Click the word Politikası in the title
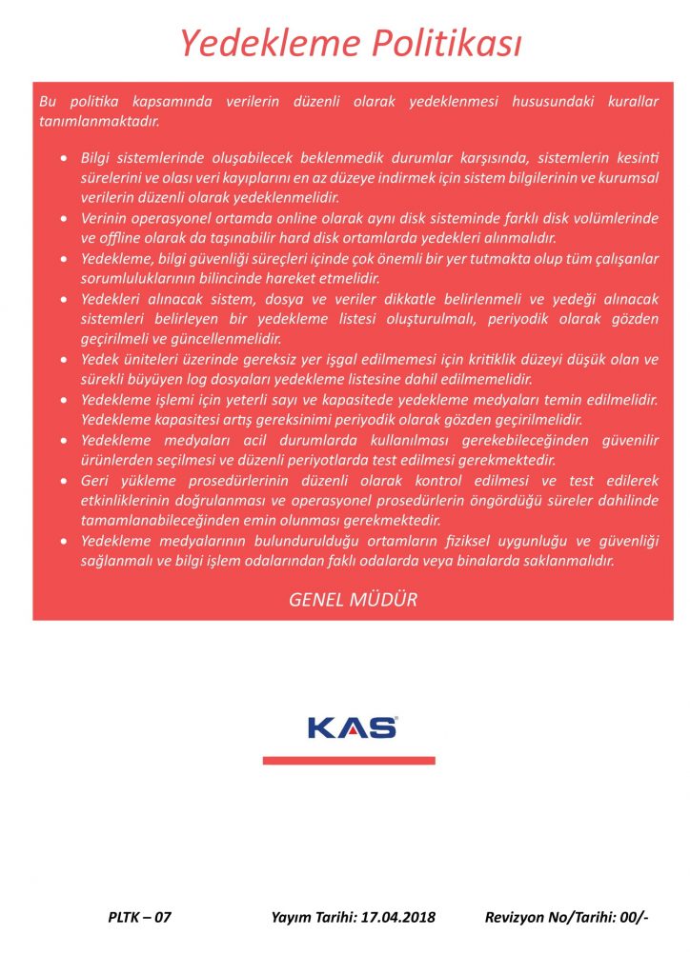click(x=440, y=43)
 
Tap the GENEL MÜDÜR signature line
click(x=353, y=600)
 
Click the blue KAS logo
click(x=352, y=727)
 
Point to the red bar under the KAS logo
click(x=349, y=761)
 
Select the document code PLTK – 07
click(x=139, y=918)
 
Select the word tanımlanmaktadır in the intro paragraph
click(x=98, y=121)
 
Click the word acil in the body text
click(x=244, y=441)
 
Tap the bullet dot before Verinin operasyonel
click(x=64, y=219)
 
